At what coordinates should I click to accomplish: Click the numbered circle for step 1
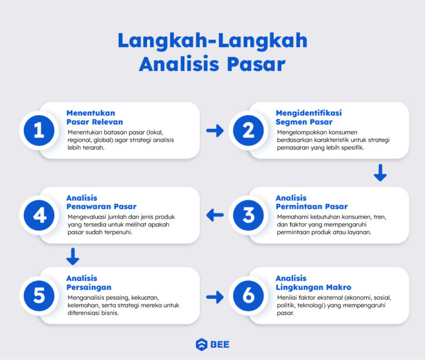pos(39,131)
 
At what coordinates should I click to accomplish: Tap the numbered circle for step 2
pos(248,131)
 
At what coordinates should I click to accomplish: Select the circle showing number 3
pos(248,215)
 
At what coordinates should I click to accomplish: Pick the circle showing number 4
pos(39,215)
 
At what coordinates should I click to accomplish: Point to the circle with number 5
pos(39,296)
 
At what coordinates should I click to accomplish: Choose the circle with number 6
pos(248,296)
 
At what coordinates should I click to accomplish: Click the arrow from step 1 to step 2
pos(215,131)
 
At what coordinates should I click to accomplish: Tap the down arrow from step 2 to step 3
pos(380,173)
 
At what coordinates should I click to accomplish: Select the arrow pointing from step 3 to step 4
pos(215,215)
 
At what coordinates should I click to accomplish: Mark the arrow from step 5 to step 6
pos(215,297)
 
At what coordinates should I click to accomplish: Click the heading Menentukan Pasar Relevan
pos(95,117)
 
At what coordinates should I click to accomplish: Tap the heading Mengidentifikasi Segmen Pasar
pos(309,117)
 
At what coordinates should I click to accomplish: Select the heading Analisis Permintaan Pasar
pos(312,202)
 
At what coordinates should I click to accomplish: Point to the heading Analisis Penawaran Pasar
pos(101,202)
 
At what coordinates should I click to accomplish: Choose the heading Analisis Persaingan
pos(89,282)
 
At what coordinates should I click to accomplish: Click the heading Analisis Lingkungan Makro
pos(313,282)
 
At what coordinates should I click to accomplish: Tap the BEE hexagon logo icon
pos(201,344)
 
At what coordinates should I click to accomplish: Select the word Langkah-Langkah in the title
pos(212,41)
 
